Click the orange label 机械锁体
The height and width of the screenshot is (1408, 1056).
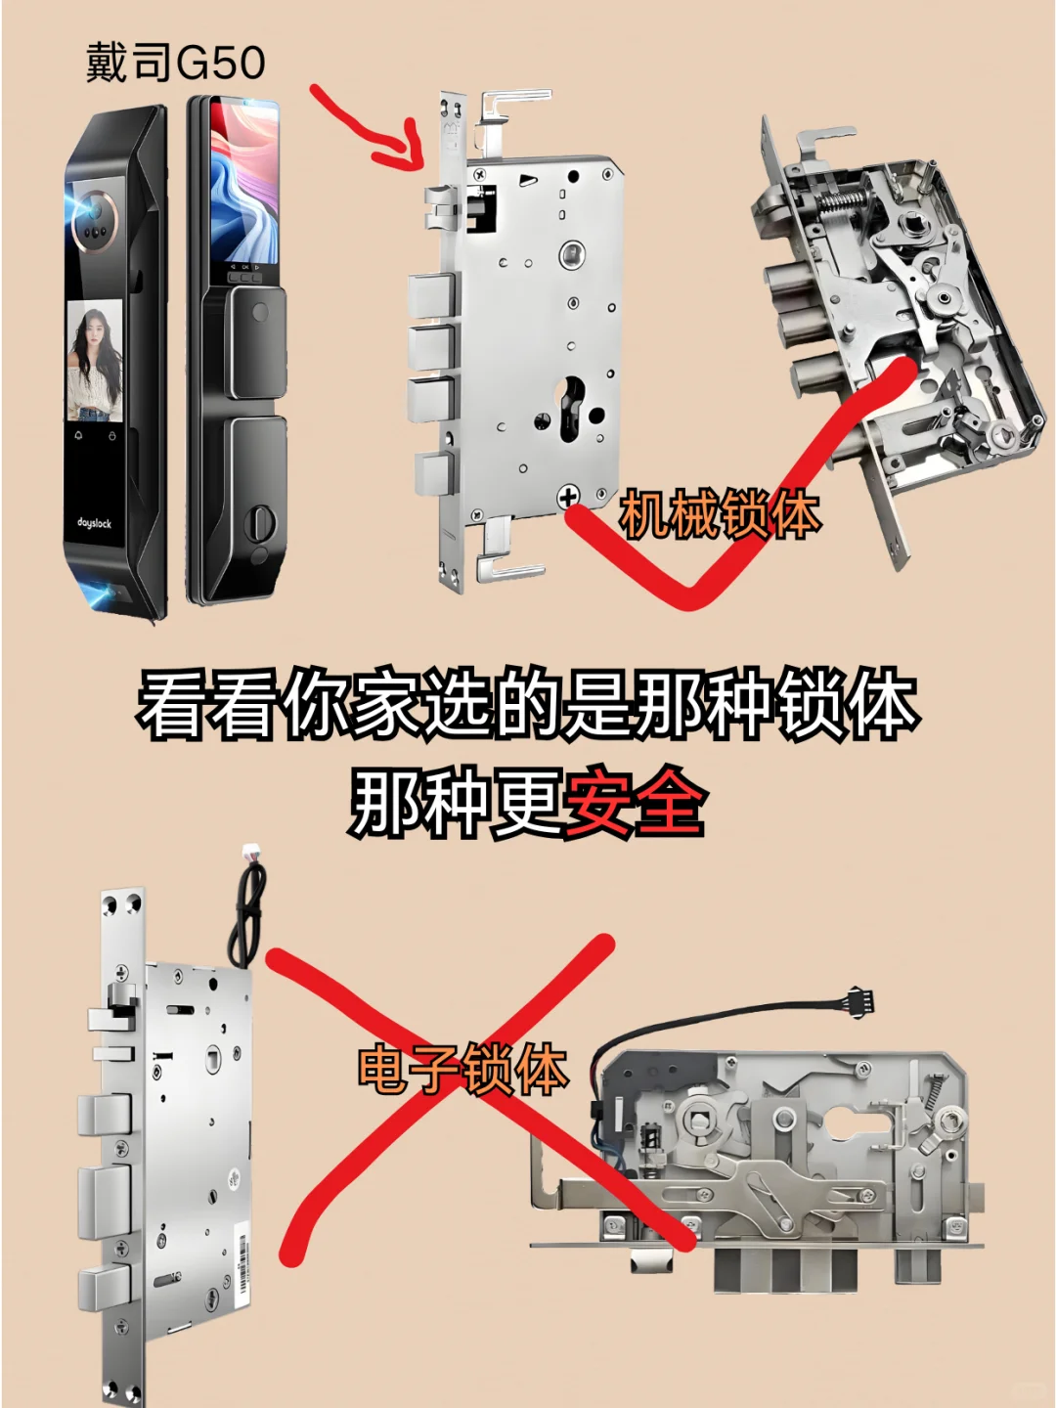719,514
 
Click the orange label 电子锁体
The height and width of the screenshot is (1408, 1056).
462,1069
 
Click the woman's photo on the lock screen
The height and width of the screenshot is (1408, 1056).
94,360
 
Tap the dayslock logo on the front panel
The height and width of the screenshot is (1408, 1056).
95,523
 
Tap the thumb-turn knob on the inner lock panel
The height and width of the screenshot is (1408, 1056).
260,519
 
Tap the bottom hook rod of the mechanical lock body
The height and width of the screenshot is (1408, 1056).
508,566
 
